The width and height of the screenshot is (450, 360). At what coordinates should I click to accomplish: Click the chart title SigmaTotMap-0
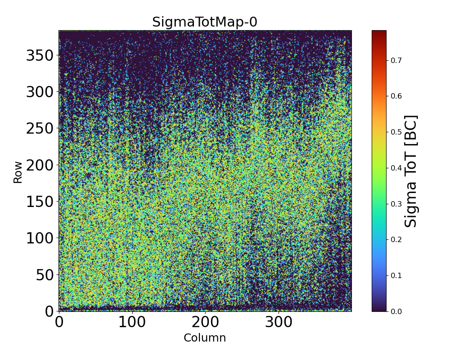205,22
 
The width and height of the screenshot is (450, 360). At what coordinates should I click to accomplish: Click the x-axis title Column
205,338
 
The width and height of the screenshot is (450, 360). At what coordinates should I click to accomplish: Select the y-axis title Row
18,173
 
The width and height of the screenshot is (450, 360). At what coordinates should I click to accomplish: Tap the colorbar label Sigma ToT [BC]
411,171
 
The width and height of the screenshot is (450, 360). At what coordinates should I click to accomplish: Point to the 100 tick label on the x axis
132,322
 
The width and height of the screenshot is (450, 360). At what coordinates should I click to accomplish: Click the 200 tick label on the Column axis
205,322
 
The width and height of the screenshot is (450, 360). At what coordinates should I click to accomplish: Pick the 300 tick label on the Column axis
279,322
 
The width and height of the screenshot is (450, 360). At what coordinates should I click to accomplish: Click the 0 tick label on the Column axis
59,322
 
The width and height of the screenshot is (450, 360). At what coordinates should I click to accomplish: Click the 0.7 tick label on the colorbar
396,60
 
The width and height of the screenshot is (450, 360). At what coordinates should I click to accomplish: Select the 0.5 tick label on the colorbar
396,132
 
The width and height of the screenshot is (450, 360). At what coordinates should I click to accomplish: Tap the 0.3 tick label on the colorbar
396,204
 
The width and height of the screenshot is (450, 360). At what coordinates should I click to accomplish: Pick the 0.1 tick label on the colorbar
396,275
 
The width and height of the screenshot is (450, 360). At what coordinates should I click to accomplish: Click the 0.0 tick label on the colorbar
396,311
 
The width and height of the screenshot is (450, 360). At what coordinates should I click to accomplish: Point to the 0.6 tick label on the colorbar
396,96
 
